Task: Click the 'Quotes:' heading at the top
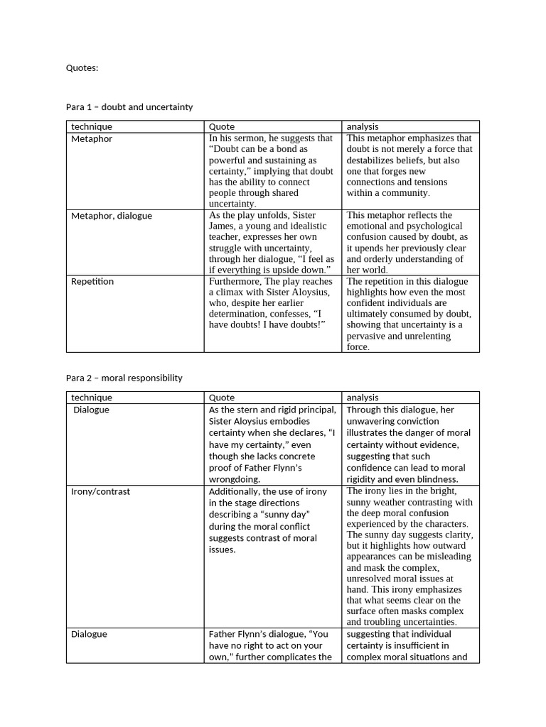point(82,68)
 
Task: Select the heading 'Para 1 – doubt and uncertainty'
point(129,107)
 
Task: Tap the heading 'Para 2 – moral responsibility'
point(124,378)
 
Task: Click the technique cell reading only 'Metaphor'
point(92,139)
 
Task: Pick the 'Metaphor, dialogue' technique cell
point(112,216)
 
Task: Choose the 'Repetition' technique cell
point(92,282)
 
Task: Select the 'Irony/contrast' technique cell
point(100,491)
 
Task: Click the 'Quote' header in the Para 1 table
point(222,126)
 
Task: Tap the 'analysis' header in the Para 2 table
point(363,398)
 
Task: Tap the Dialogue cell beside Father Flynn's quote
point(90,634)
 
